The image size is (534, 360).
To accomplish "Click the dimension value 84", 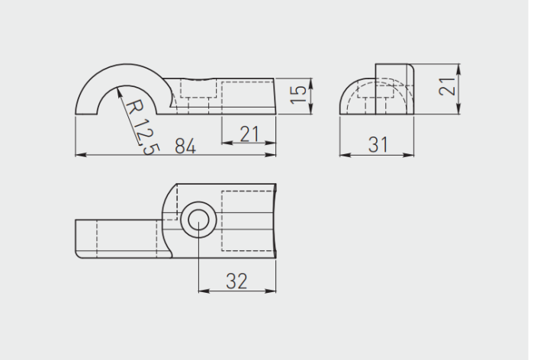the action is point(185,146).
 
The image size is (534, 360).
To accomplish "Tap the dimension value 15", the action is point(298,95).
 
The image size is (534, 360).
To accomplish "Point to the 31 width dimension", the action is point(378,144).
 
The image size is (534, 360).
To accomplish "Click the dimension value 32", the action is point(236,281).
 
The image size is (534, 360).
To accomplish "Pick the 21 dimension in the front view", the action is point(249,133).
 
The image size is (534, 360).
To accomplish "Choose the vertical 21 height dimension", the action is point(447,86).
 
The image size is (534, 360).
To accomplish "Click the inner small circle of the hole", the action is point(198,220).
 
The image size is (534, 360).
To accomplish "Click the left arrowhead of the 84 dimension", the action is point(81,155).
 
